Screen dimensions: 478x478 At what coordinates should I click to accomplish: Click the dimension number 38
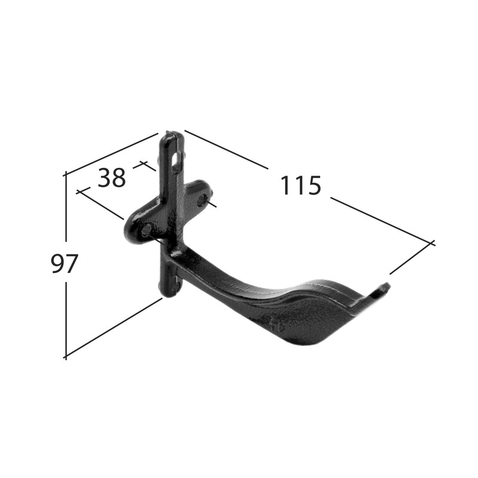click(112, 177)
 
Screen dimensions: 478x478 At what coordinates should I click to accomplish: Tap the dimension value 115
click(301, 185)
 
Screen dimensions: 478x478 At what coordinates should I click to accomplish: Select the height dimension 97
click(65, 263)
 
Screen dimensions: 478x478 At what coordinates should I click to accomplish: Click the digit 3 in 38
click(105, 177)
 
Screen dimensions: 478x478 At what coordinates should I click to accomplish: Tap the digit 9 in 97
click(57, 263)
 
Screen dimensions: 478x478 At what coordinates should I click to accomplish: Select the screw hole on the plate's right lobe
click(202, 200)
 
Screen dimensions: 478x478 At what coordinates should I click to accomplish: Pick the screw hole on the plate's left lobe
click(147, 229)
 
